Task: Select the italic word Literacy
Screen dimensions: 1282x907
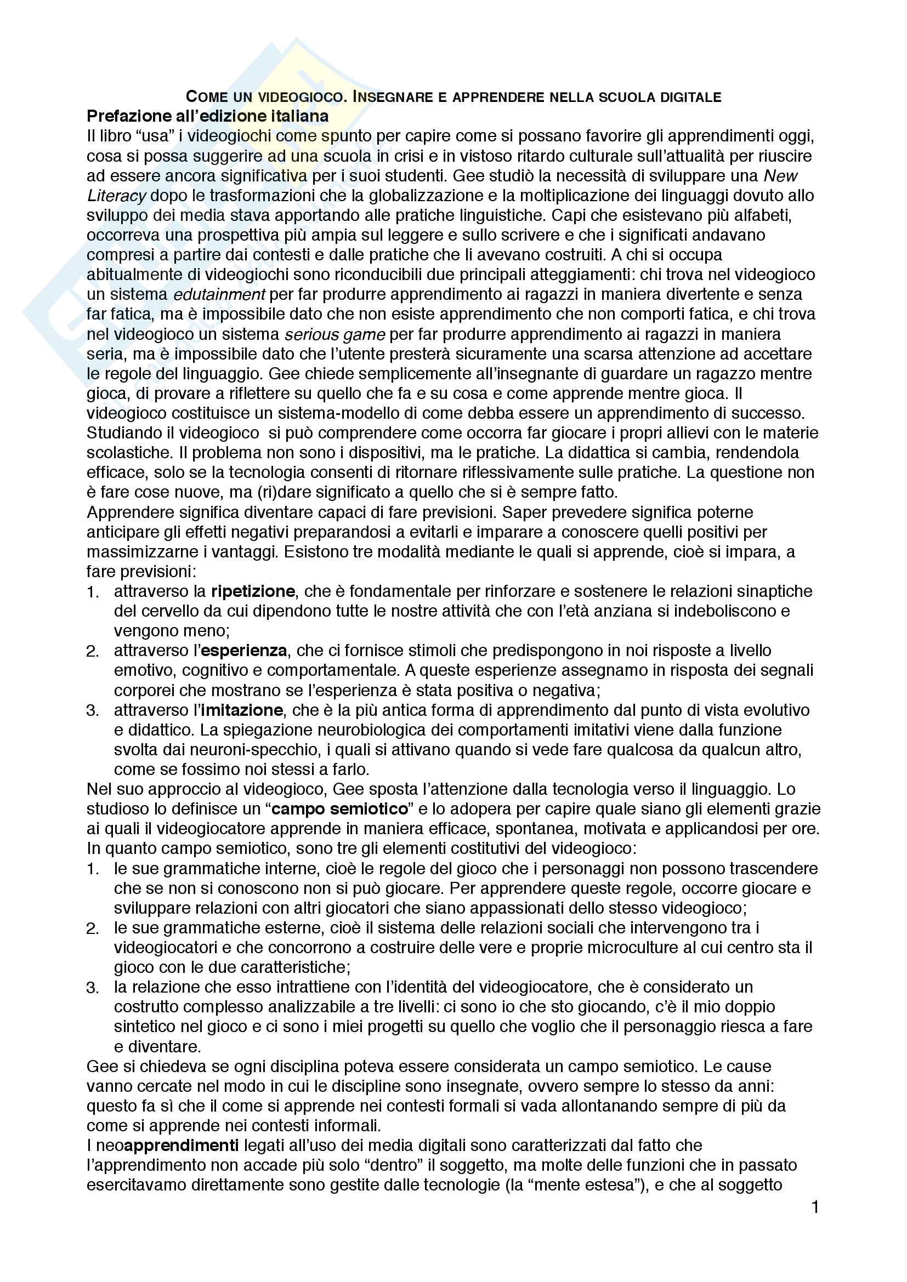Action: tap(116, 196)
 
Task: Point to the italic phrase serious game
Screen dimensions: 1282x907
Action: tap(335, 334)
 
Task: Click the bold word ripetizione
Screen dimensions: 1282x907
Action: tap(253, 591)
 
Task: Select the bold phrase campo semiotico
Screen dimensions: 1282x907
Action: tap(339, 809)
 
